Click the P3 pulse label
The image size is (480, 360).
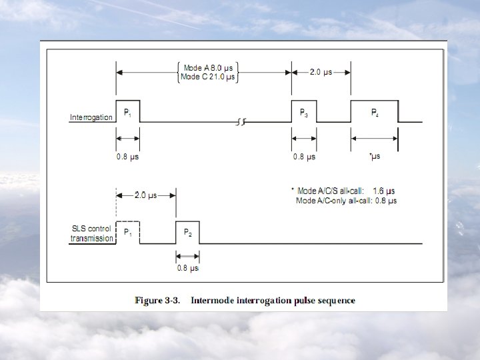point(303,113)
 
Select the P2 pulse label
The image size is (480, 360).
point(188,233)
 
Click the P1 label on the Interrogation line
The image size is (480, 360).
point(127,113)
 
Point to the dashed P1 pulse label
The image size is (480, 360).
point(128,233)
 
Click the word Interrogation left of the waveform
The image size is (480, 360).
point(91,117)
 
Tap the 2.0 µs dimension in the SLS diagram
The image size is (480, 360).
point(146,195)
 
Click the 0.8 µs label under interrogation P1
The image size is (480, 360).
point(128,157)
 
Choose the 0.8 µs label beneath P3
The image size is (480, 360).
point(304,157)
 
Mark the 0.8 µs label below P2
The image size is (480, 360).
point(187,268)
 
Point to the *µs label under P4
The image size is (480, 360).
point(375,157)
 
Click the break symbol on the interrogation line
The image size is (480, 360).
point(241,122)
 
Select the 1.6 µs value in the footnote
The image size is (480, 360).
point(385,191)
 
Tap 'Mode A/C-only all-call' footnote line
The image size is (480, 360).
point(346,200)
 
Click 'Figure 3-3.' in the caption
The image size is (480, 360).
point(158,301)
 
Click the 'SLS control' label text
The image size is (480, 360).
point(91,229)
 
